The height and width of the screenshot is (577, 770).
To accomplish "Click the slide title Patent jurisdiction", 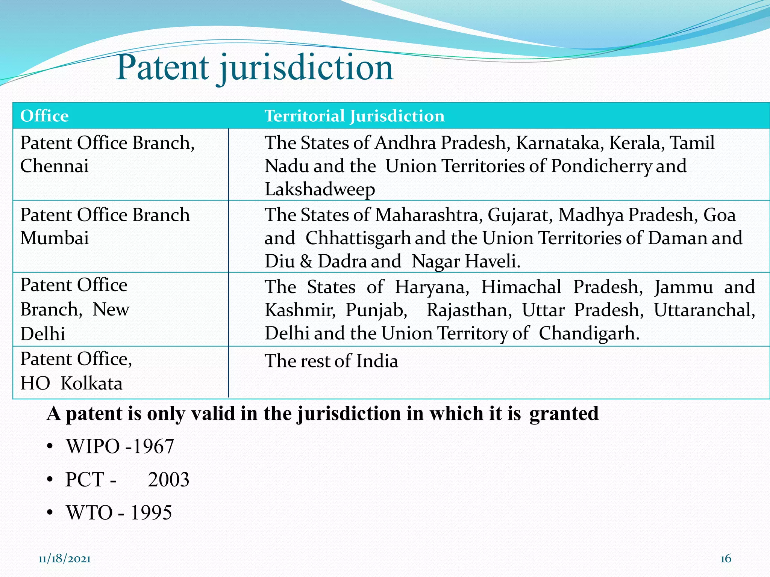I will tap(255, 68).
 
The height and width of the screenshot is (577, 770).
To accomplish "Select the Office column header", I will tap(44, 116).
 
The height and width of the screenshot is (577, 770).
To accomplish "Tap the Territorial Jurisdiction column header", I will tap(354, 116).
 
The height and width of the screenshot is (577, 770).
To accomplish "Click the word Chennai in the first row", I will tap(55, 166).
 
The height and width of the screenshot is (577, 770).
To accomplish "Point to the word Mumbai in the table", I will tap(55, 238).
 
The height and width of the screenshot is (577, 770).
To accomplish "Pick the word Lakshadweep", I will tap(320, 189).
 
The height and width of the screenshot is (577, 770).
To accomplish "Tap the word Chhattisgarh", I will tap(358, 239).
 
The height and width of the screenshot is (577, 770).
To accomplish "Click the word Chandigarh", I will tap(589, 334).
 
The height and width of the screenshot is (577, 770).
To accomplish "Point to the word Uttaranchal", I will tap(704, 310).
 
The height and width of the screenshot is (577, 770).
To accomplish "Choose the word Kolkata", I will tap(91, 384).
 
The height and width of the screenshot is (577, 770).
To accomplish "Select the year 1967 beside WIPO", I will tap(153, 447).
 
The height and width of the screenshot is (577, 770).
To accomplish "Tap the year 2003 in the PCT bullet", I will tap(168, 480).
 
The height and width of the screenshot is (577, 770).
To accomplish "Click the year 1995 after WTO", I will tap(151, 513).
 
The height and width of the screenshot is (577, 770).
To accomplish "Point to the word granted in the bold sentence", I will tap(564, 414).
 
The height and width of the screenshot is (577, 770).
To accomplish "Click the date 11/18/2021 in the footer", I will tap(64, 559).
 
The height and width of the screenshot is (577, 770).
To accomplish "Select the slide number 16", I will tap(726, 559).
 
